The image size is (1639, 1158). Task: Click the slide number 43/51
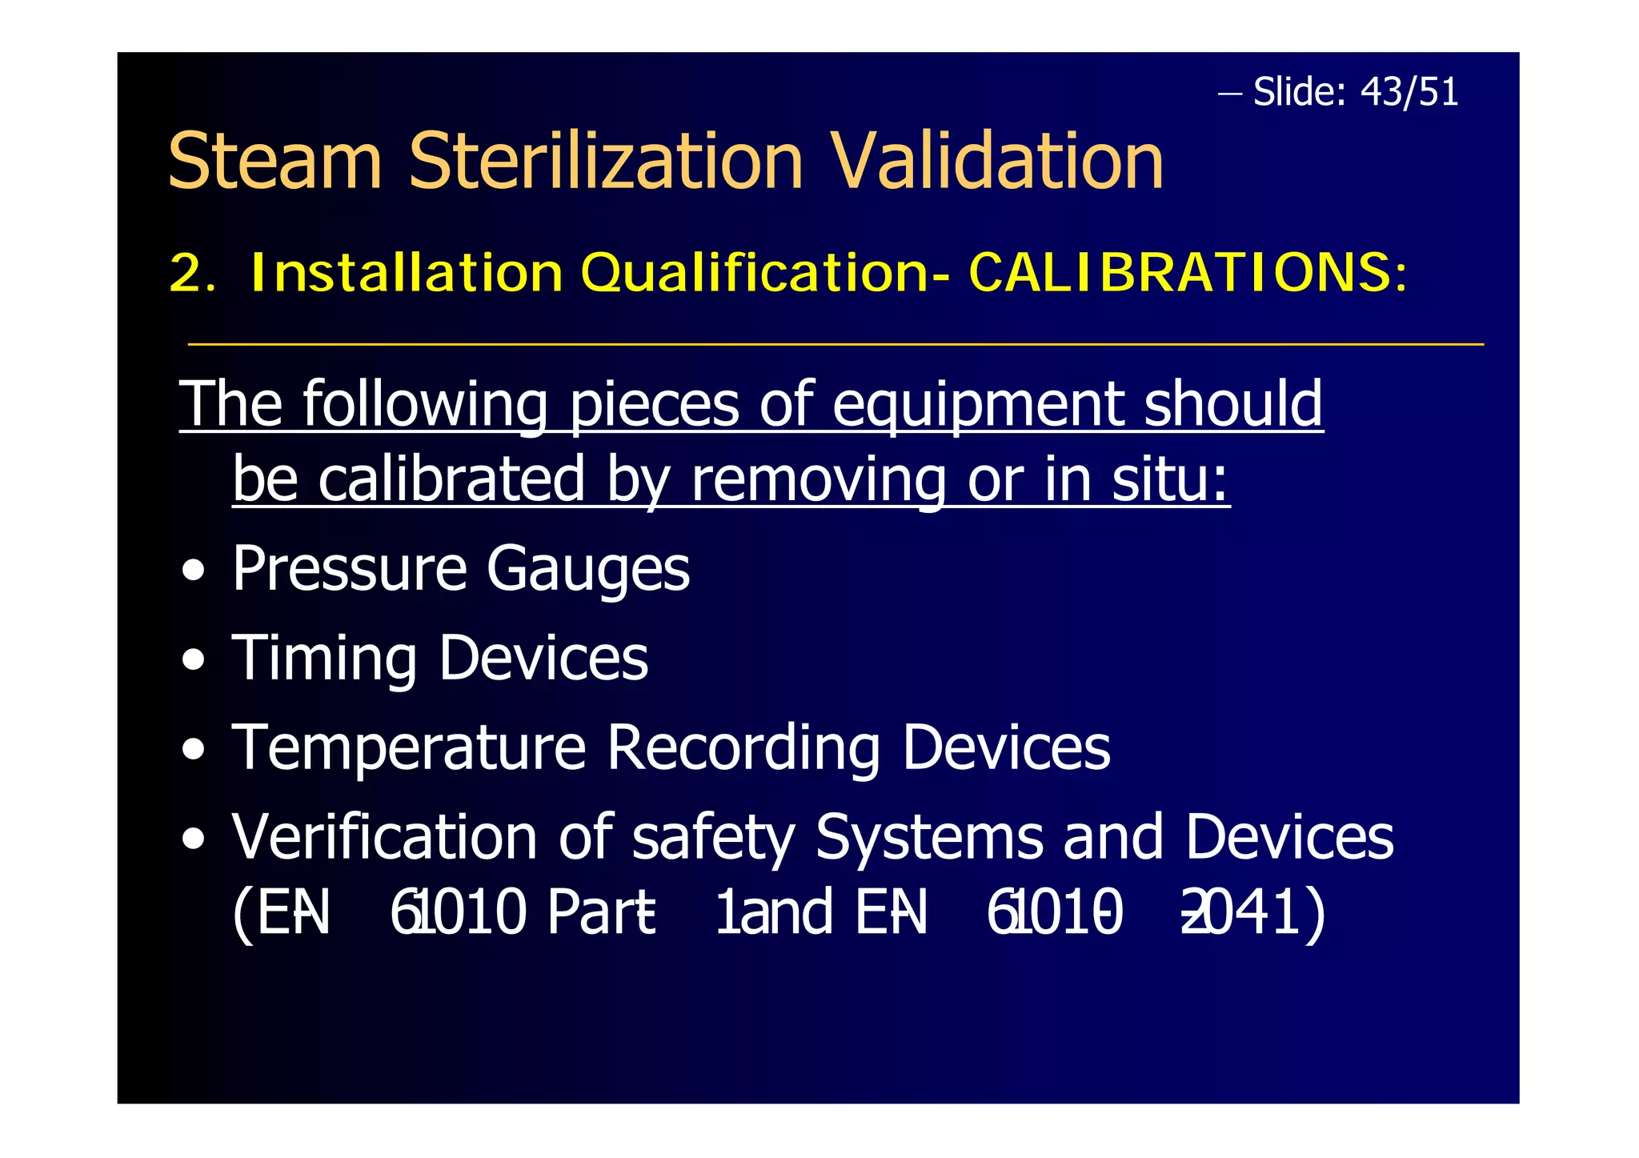(1409, 92)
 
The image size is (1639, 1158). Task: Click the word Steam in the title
(275, 162)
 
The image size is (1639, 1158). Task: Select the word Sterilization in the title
(605, 162)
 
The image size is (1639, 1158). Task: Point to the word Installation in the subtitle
(407, 273)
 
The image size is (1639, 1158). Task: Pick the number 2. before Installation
(191, 274)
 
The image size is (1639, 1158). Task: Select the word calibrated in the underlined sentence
(451, 479)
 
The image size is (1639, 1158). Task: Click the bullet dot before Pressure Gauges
(193, 571)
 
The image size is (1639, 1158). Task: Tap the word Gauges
(588, 570)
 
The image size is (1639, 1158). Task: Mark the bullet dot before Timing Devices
(193, 661)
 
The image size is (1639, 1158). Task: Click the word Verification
(384, 838)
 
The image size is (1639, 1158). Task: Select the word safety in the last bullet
(713, 838)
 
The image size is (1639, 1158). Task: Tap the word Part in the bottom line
(600, 912)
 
